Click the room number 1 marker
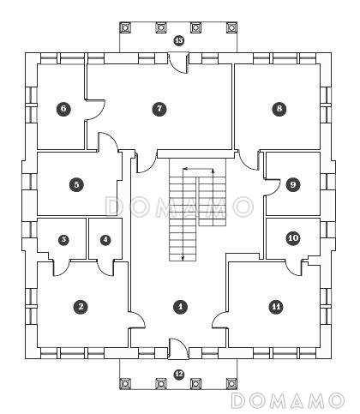pos(181,307)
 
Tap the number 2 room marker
pos(81,307)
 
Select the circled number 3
pos(63,239)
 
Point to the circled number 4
pos(105,239)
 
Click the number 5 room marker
pos(76,184)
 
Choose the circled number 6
pos(63,109)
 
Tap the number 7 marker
pos(159,109)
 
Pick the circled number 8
pos(279,109)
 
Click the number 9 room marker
pos(293,184)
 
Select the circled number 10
pos(293,237)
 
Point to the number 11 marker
pos(276,307)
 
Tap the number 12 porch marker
pos(179,375)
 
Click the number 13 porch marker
pos(179,40)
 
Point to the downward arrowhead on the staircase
pos(183,258)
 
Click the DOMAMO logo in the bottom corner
pos(287,400)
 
